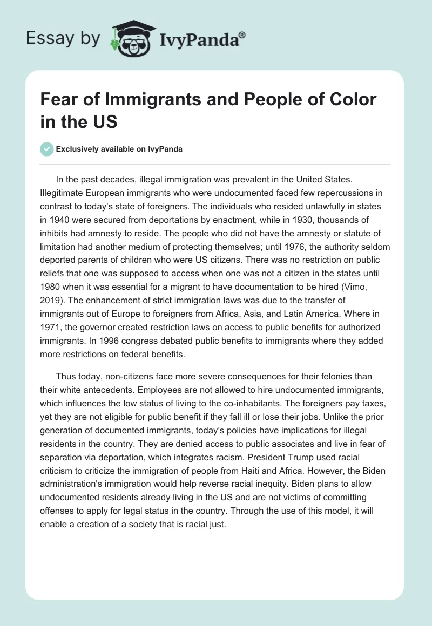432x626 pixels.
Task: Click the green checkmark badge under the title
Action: pyautogui.click(x=47, y=149)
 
